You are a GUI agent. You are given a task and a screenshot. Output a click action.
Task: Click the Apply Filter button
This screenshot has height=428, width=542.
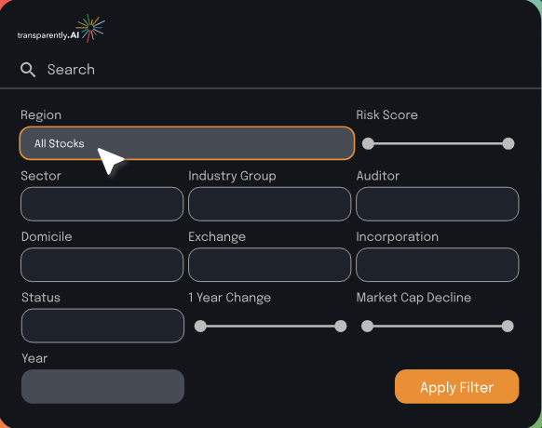(456, 386)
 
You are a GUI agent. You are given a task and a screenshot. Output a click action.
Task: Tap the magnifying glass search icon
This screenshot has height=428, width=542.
(28, 70)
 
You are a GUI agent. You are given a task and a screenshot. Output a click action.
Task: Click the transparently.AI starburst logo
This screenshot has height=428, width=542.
(90, 28)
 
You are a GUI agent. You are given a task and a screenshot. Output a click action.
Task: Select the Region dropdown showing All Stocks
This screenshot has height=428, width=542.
(187, 143)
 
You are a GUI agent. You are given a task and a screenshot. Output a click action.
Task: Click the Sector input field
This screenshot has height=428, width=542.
(102, 204)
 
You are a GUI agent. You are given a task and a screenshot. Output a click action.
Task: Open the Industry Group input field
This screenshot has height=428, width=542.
(270, 204)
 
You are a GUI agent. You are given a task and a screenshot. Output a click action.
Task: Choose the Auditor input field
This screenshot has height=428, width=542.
(438, 204)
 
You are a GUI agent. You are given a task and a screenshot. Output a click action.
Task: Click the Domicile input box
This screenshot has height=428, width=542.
(102, 264)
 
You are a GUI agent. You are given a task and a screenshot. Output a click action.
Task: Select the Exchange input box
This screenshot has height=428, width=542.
(270, 264)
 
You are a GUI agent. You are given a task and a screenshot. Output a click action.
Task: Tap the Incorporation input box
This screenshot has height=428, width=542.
(438, 264)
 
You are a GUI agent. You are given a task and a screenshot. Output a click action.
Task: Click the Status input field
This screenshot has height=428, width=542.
(102, 326)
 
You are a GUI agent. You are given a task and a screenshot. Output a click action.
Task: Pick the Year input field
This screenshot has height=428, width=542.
(102, 386)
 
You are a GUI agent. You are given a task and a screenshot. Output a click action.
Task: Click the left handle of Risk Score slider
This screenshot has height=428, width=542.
(368, 143)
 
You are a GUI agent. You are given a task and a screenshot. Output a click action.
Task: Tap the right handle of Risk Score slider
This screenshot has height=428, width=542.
(508, 143)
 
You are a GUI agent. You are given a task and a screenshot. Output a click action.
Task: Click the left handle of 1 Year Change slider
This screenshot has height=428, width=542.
(200, 326)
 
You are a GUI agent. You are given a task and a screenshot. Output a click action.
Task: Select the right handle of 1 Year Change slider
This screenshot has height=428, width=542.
(341, 326)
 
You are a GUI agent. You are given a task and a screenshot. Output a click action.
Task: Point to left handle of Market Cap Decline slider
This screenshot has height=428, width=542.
(367, 326)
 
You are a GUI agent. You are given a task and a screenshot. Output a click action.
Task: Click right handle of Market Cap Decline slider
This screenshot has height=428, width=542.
(508, 326)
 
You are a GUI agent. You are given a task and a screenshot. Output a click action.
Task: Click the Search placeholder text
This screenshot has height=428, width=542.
(71, 70)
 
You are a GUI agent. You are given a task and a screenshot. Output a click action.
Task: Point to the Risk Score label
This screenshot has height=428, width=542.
(386, 115)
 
